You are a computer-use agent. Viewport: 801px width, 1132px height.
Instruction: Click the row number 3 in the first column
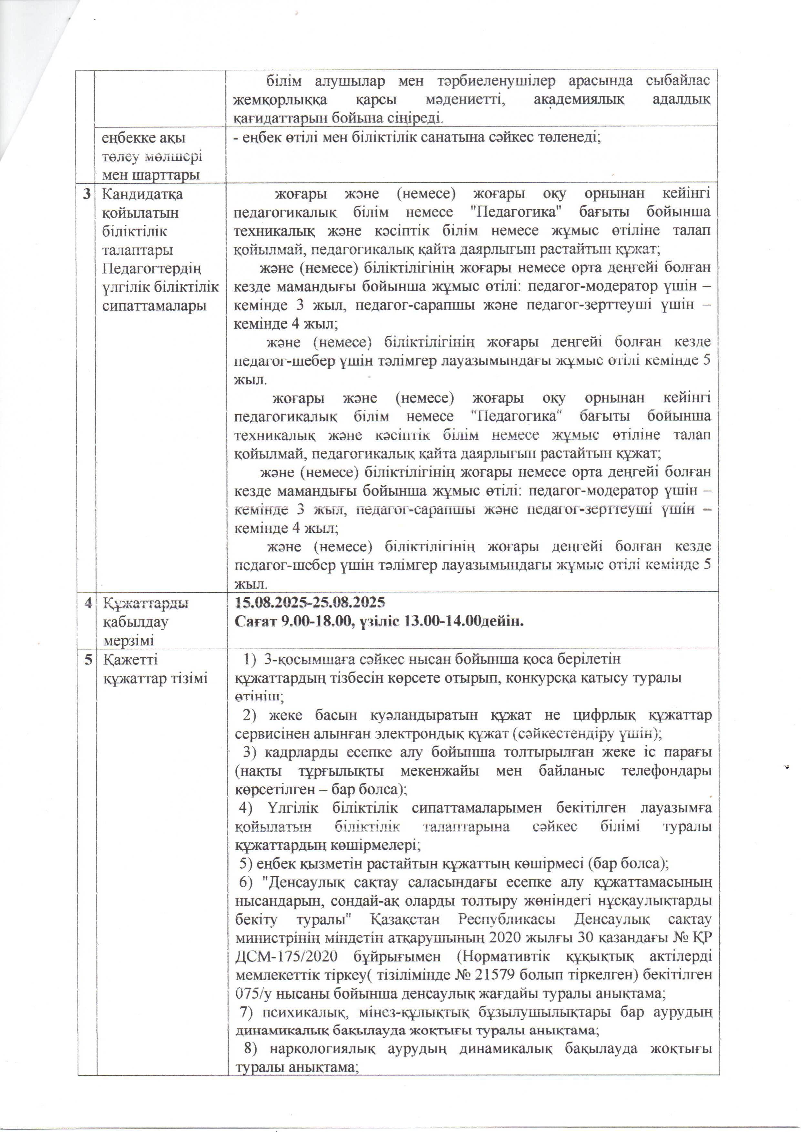(87, 194)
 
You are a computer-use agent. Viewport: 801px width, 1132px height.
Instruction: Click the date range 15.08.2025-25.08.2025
(310, 603)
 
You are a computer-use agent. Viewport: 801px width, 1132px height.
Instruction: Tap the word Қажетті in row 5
(130, 659)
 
